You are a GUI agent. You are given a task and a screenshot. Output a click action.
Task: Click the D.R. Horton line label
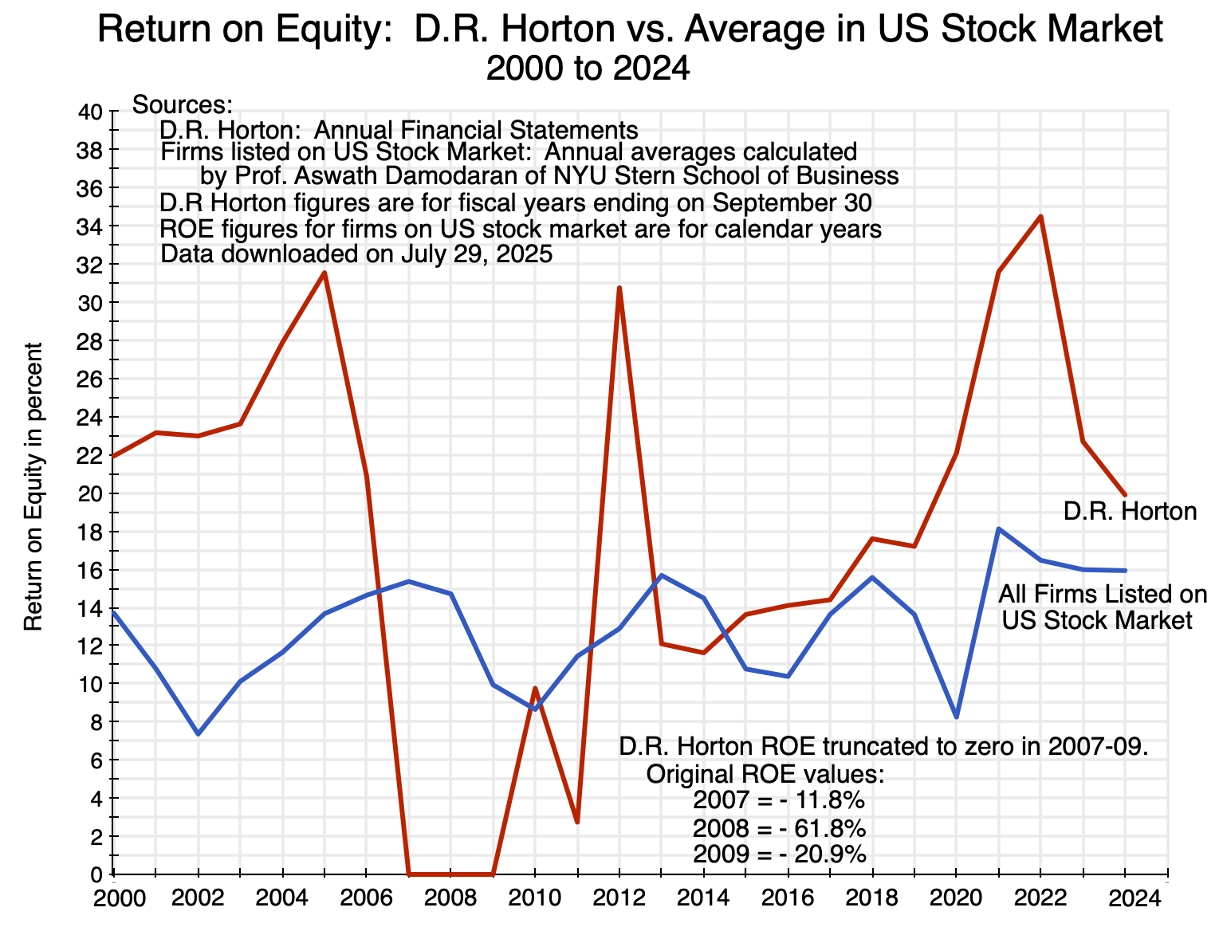(x=1130, y=511)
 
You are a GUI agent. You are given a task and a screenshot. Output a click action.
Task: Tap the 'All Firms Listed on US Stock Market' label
(x=1103, y=607)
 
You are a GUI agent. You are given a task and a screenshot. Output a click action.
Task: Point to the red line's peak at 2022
(x=1040, y=217)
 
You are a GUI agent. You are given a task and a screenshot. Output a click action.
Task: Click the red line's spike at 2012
(x=619, y=288)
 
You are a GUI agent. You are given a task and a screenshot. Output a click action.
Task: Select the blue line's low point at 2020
(x=956, y=717)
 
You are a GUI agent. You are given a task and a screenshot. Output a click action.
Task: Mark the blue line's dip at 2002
(x=198, y=733)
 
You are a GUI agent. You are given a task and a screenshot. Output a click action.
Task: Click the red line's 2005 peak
(x=324, y=273)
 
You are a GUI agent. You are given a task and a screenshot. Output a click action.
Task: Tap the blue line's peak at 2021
(x=998, y=528)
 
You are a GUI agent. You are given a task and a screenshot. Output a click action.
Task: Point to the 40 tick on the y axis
(x=92, y=112)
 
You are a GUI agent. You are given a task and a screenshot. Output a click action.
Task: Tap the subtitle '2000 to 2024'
(x=587, y=69)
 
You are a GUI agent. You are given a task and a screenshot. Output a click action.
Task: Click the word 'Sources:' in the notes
(x=183, y=104)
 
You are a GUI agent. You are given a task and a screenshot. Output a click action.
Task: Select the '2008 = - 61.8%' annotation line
(x=779, y=827)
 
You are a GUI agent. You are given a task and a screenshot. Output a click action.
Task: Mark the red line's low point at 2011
(x=577, y=821)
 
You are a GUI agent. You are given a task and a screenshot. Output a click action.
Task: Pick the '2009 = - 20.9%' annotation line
(x=779, y=854)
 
